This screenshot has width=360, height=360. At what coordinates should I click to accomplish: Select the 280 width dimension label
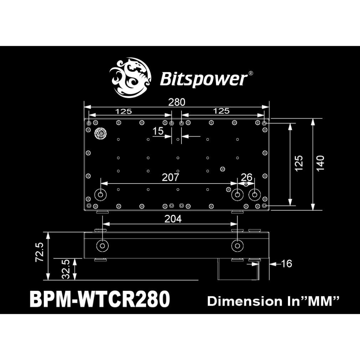pos(177,102)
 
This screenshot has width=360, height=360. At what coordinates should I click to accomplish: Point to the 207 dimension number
pos(170,177)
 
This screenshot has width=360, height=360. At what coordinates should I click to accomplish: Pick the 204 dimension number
pos(174,219)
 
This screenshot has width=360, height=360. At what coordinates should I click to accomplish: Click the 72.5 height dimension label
pos(40,252)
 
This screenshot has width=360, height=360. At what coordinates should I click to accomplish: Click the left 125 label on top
pos(123,111)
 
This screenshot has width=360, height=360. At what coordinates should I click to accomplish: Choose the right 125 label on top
pos(221,111)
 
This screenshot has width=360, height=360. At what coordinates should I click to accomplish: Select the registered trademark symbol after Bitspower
pos(251,73)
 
